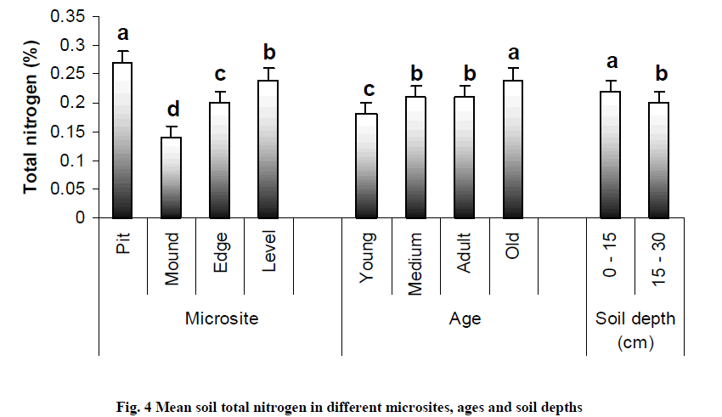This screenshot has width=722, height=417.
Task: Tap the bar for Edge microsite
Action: pos(221,161)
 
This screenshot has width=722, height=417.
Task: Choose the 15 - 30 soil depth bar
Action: pos(660,161)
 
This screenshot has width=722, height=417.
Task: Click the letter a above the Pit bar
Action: pos(123,34)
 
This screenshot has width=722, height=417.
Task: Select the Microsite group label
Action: pos(221,318)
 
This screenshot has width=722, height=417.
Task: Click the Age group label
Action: pos(465,318)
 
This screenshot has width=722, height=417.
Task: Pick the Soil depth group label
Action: pos(635,318)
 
